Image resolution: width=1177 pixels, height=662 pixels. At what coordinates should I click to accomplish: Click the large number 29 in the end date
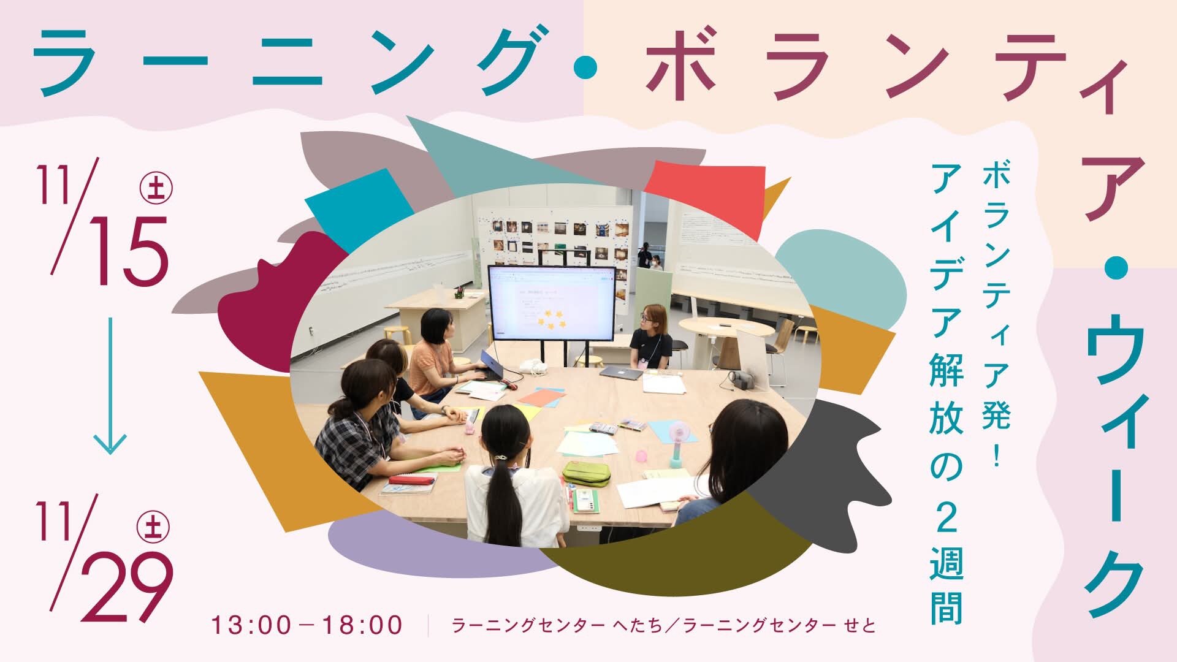127,586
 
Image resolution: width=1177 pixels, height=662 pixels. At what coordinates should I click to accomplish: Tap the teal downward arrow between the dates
110,386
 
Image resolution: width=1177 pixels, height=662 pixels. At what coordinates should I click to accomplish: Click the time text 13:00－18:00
307,625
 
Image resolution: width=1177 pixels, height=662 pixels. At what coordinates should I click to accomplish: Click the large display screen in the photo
551,303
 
